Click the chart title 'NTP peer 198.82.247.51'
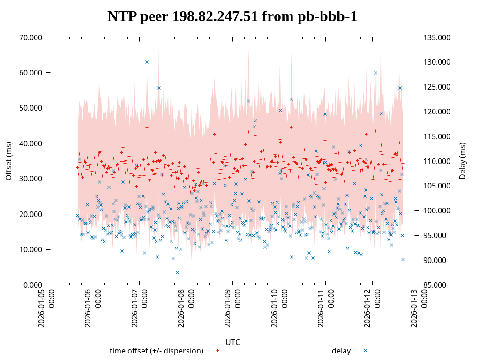[x=232, y=16]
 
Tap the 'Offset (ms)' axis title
[x=8, y=161]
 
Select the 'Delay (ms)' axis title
[x=463, y=161]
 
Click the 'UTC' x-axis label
[x=232, y=342]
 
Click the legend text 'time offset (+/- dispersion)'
[x=156, y=351]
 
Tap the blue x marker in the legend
[x=365, y=350]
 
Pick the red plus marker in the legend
[x=217, y=350]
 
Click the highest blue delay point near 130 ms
[x=147, y=62]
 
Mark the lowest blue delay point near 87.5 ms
[x=177, y=272]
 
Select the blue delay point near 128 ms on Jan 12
[x=375, y=73]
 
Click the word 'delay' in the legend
[x=341, y=351]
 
